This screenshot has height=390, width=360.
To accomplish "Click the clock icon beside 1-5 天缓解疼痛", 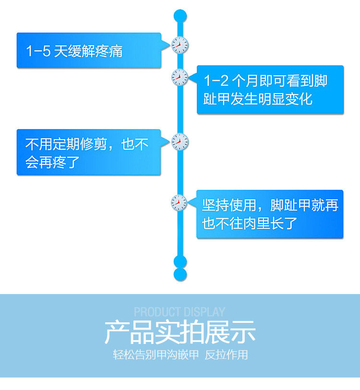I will tap(180, 46).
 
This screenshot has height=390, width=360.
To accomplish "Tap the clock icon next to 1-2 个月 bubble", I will tap(180, 77).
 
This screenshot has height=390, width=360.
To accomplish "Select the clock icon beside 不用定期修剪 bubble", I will tap(180, 142).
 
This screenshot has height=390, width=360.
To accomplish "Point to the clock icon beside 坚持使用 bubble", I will tap(180, 203).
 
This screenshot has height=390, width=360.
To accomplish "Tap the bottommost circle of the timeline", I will tap(180, 274).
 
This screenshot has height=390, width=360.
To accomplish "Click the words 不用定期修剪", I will tap(66, 144).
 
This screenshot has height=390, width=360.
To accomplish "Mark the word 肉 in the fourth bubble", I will tap(263, 223).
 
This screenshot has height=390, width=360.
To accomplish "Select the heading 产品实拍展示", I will tap(180, 332).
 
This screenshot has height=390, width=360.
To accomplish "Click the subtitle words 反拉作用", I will tap(226, 355).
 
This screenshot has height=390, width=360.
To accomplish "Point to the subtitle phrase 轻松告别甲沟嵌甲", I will tap(156, 355).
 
